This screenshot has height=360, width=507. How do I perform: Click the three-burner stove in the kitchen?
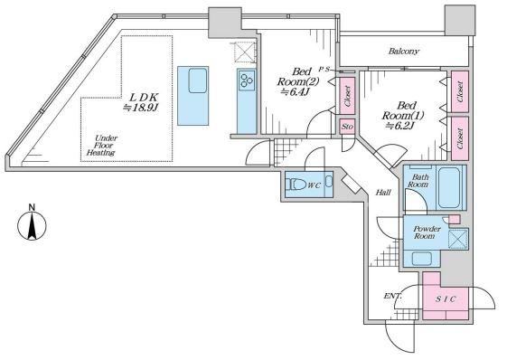[x=247, y=81]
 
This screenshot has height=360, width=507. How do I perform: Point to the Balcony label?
[x=404, y=52]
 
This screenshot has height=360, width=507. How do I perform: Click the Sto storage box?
[x=347, y=127]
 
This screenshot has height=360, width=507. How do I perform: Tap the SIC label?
[x=446, y=299]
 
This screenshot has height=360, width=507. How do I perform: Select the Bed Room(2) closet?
[x=348, y=96]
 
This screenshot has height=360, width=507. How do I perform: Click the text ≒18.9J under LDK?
[x=141, y=108]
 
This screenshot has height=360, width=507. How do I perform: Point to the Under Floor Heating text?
[x=102, y=146]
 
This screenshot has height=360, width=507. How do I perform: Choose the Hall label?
[x=383, y=193]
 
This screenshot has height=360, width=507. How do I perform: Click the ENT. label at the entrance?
[x=393, y=296]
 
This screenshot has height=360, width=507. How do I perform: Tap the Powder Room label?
[x=427, y=232]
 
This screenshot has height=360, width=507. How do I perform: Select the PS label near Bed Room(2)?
[x=324, y=69]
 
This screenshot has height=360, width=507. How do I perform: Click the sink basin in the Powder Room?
[x=422, y=259]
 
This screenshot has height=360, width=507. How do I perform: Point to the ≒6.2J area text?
[x=400, y=126]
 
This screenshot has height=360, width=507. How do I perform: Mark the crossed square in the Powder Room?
[x=458, y=239]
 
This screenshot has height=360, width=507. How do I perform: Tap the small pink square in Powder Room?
[x=455, y=219]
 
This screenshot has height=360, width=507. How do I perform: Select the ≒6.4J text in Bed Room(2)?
[x=296, y=92]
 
